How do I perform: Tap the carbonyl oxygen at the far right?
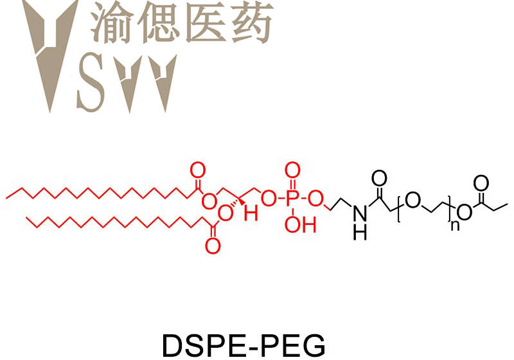(x=480, y=182)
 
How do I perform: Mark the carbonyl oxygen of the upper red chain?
(x=199, y=171)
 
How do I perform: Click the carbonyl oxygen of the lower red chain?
(x=213, y=244)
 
